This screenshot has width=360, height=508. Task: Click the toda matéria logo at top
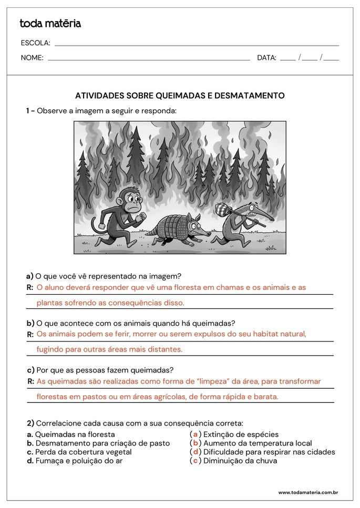[50, 24]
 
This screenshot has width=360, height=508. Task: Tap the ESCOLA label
[35, 43]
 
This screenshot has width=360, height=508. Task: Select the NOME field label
[32, 58]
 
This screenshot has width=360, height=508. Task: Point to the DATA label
[266, 58]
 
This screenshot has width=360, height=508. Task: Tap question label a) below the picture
[30, 276]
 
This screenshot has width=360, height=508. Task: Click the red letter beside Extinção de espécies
[196, 434]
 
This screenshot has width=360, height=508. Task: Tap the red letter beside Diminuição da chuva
[196, 461]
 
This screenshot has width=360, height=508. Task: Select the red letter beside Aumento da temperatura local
[196, 443]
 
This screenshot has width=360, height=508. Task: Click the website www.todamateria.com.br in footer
[307, 493]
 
